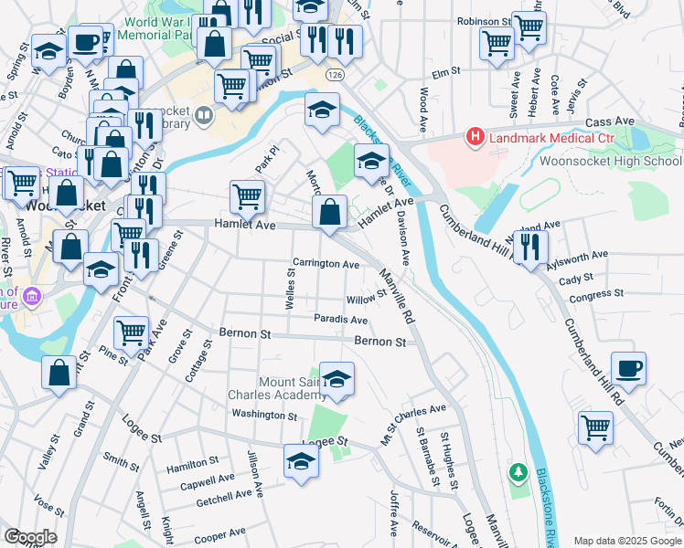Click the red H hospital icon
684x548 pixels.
pos(476,138)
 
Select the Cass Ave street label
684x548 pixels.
pos(609,121)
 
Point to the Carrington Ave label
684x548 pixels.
pos(326,264)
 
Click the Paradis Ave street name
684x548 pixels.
pos(340,321)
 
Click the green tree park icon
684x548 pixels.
pos(518,471)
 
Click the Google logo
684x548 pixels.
pos(30,537)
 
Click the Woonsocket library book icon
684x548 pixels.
pos(203,116)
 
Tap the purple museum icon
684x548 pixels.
pos(33,296)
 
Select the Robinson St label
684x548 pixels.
pos(484,20)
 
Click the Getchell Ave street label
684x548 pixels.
pos(223,496)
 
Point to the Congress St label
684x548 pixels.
pos(595,295)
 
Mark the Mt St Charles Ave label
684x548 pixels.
pos(413,424)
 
